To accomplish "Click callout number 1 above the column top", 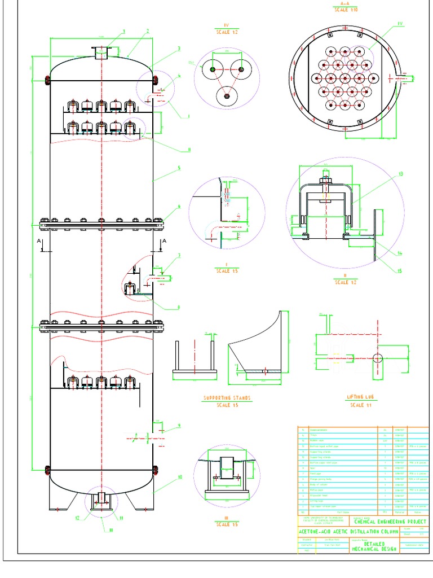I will coord(123,31).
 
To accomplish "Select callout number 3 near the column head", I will coord(179,49).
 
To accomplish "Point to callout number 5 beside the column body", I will coord(179,168).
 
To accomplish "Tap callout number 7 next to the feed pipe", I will coord(179,256).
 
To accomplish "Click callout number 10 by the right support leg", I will coord(180,477).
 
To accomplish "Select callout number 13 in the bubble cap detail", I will coord(401,174).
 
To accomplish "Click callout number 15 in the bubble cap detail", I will coord(400,271).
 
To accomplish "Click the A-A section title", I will coord(345,3).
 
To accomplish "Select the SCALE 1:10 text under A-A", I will coord(345,10).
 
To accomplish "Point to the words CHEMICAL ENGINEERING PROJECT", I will coord(390,522).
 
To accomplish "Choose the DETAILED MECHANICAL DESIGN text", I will coord(374,546).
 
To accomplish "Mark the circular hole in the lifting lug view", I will coord(377,357).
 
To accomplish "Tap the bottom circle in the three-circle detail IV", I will coord(226,97).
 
